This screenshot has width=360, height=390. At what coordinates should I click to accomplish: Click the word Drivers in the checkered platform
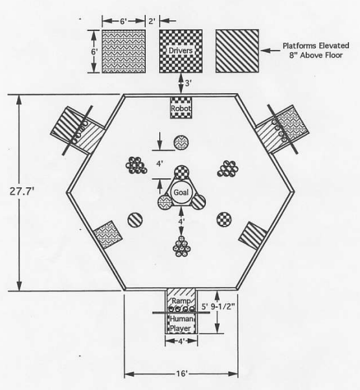pos(181,51)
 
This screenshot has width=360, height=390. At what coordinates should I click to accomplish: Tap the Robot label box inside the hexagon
pos(181,108)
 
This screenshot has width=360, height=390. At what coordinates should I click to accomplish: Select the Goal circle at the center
pos(181,192)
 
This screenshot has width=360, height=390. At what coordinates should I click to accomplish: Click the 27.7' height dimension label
pos(21,192)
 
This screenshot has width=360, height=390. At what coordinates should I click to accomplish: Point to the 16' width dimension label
pos(182,373)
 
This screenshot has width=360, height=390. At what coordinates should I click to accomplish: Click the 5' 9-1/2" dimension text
pos(218,306)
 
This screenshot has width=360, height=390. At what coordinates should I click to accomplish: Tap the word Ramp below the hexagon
pos(181,301)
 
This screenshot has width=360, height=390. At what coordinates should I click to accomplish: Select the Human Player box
pos(181,323)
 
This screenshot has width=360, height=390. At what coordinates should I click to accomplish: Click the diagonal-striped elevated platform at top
pos(237,51)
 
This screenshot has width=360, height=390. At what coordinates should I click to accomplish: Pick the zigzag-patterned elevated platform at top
pos(124,51)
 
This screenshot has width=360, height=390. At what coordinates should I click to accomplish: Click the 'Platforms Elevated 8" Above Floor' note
pos(316,51)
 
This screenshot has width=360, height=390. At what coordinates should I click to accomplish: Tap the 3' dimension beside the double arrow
pos(188,84)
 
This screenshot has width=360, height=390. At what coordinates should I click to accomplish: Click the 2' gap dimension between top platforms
pos(152,21)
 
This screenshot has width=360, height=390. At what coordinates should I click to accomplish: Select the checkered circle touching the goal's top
pos(182,172)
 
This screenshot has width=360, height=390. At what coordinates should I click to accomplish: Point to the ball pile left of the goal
pos(136,165)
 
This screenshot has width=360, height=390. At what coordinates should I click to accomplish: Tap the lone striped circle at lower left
pos(135,220)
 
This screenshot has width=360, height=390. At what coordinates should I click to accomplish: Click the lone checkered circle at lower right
pos(224,220)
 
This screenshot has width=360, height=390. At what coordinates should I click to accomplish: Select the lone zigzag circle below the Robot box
pos(181,143)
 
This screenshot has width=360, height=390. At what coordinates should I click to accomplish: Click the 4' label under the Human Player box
pos(181,341)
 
